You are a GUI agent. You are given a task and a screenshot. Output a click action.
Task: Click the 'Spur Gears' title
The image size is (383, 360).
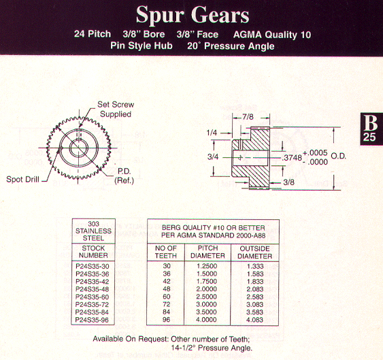(193, 15)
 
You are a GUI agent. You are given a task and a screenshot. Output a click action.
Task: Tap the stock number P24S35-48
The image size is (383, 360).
(92, 289)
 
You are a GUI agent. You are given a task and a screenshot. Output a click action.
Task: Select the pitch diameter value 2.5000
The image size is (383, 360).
(207, 297)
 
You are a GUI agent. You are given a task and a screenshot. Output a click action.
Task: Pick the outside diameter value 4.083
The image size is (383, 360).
(254, 320)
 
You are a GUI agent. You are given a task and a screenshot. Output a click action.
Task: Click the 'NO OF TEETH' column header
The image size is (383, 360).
(166, 252)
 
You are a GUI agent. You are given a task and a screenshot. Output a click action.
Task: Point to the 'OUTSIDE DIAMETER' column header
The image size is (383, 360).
(254, 252)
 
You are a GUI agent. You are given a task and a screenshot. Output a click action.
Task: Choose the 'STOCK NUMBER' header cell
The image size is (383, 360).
(93, 252)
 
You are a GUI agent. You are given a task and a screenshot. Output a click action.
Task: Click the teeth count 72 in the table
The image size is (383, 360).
(167, 304)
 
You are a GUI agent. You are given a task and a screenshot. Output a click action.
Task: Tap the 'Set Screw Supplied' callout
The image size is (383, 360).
(116, 110)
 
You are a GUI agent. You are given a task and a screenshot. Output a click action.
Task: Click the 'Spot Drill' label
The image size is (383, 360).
(22, 180)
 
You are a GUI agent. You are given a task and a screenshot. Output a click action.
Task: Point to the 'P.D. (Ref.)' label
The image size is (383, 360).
(124, 176)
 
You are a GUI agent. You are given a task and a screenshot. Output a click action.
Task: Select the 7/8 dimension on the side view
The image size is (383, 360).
(248, 117)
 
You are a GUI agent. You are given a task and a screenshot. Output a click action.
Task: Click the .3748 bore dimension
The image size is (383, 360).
(292, 158)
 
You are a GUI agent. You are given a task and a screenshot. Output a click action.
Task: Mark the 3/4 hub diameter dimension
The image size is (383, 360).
(213, 157)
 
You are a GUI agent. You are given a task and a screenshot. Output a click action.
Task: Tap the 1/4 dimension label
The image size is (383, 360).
(212, 133)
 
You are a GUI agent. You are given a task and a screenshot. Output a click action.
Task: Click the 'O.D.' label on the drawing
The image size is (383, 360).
(338, 156)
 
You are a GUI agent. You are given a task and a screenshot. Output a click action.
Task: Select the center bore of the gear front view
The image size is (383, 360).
(78, 148)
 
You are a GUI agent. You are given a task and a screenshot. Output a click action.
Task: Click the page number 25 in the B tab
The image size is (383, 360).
(369, 137)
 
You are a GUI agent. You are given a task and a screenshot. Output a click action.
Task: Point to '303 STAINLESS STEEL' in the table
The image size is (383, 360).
(93, 231)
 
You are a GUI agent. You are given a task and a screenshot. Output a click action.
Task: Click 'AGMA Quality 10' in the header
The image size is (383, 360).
(272, 35)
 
